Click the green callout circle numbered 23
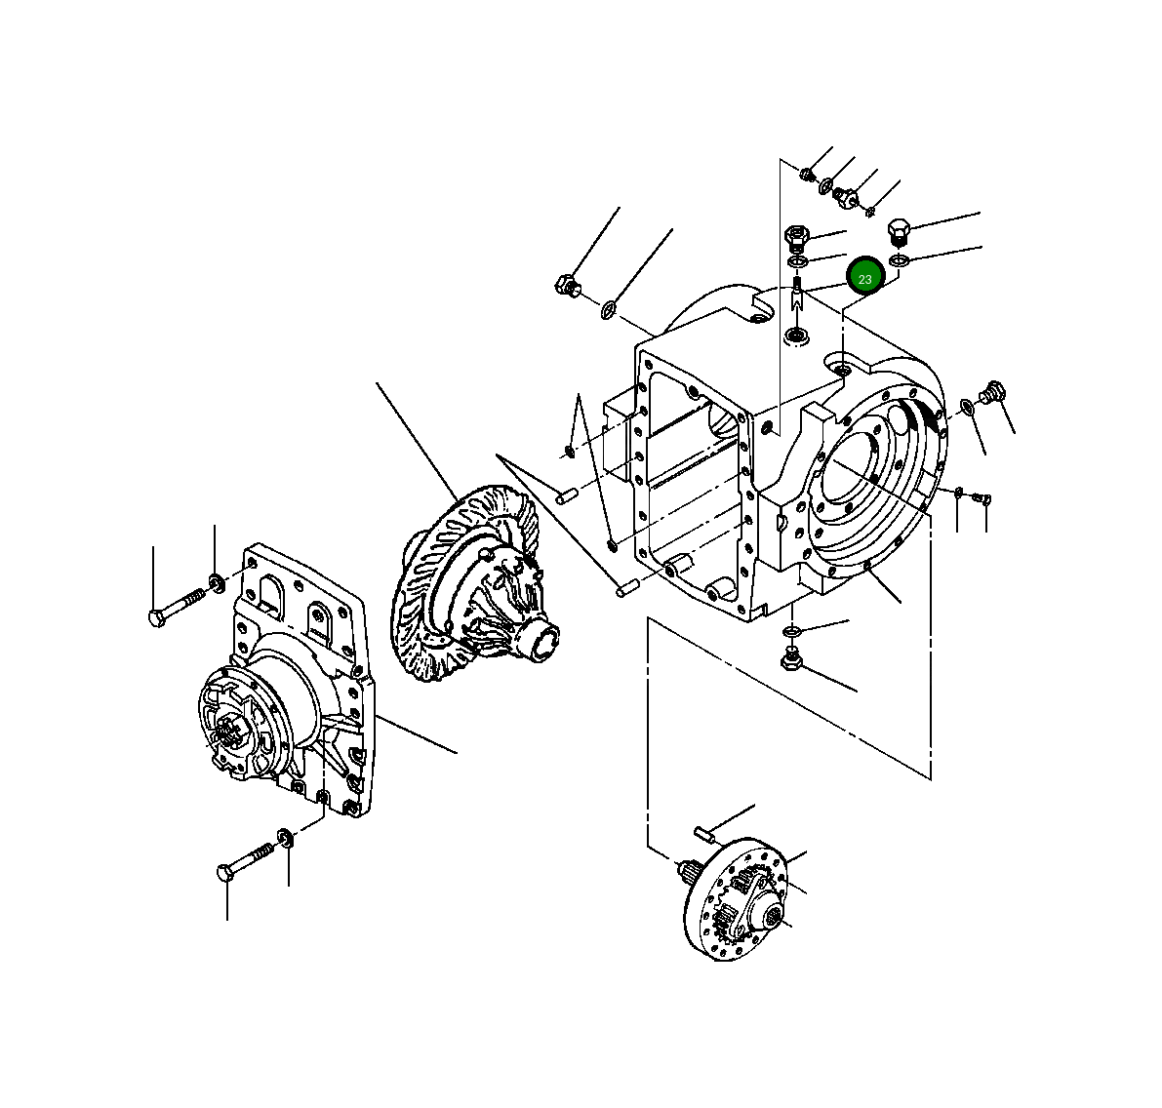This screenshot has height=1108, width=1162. pos(864,278)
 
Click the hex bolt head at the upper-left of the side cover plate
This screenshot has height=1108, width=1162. pos(158,617)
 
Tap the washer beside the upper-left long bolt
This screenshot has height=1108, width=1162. pos(217,584)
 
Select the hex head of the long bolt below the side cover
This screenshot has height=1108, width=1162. pos(226,871)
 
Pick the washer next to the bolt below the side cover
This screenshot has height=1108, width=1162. pos(286,836)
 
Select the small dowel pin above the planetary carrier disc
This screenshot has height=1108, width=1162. pos(705,832)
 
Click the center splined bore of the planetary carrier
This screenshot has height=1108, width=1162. pos(775,915)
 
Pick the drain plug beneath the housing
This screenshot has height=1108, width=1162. pos(791,659)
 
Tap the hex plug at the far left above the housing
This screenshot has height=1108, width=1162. pos(566,287)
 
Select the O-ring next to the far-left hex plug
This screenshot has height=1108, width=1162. pos(608,310)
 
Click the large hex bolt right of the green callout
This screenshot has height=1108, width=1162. pos(899,232)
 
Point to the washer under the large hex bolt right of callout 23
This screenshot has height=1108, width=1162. pos(900,259)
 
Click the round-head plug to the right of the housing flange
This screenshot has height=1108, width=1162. pos(994,391)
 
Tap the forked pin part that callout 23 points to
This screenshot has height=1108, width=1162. pos(797,294)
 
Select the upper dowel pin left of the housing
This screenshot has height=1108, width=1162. pos(563,496)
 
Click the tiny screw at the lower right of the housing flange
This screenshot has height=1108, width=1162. pos(983,498)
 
